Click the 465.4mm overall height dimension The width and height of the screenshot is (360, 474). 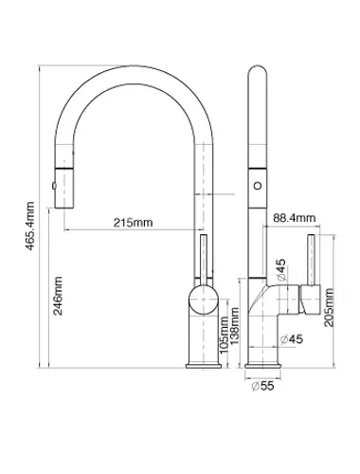pyautogui.click(x=30, y=226)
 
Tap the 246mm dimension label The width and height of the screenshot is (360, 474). pyautogui.click(x=58, y=296)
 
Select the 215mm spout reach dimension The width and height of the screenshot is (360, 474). pyautogui.click(x=133, y=223)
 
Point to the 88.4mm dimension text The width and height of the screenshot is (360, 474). pyautogui.click(x=294, y=218)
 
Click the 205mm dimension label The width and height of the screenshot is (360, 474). pyautogui.click(x=329, y=307)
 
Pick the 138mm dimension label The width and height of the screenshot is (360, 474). pyautogui.click(x=235, y=327)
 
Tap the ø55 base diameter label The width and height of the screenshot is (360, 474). pyautogui.click(x=262, y=386)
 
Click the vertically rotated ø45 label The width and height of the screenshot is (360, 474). pyautogui.click(x=280, y=269)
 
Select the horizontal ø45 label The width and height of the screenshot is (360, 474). pyautogui.click(x=291, y=339)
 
